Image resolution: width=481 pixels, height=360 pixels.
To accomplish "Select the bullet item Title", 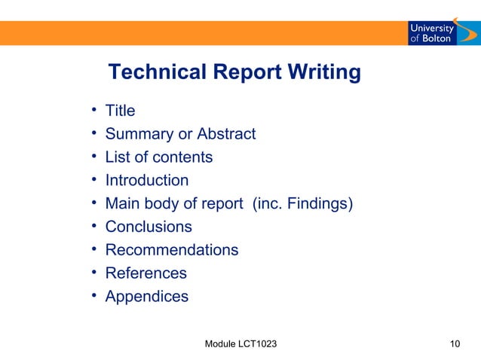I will [120, 111].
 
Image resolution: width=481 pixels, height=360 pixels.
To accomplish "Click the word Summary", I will [138, 135].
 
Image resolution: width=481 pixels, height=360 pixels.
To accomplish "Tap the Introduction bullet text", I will [147, 181].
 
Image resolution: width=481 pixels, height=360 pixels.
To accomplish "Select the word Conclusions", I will [149, 227].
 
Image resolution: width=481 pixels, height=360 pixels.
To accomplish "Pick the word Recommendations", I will [172, 250].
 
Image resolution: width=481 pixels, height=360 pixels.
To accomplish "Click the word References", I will [146, 273].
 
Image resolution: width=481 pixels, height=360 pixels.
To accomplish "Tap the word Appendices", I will [147, 297].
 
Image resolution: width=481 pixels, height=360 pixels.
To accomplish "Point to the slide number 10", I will [454, 344].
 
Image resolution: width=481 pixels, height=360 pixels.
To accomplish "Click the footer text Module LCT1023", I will [240, 344].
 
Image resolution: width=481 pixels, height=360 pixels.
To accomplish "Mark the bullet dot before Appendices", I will [93, 295].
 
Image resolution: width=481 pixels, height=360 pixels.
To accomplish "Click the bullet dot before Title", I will [93, 110].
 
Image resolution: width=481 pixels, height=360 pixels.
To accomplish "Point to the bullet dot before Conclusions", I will [93, 226].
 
